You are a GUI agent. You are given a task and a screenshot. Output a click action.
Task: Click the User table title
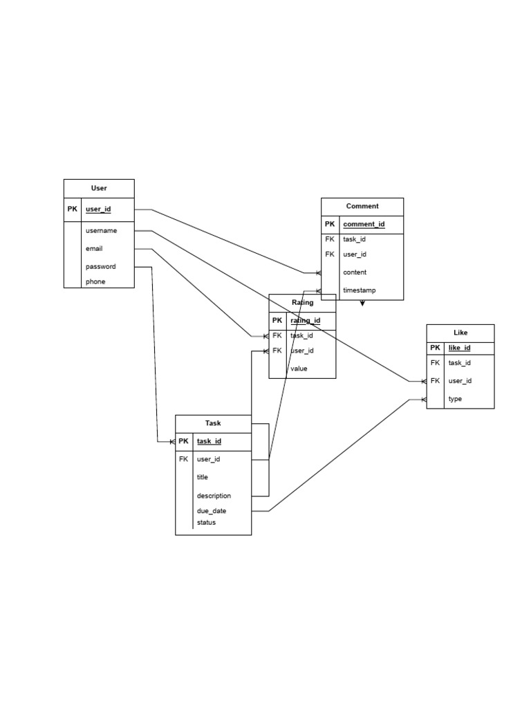[99, 188]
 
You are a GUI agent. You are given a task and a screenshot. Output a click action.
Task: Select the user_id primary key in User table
[98, 209]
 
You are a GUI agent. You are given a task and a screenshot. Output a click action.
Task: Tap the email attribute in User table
[94, 248]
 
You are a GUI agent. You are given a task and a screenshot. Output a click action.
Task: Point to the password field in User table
[100, 266]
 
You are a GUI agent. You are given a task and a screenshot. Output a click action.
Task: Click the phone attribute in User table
[95, 281]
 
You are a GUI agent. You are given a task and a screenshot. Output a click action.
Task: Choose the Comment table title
[362, 206]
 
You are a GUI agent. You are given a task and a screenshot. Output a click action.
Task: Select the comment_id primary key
[364, 224]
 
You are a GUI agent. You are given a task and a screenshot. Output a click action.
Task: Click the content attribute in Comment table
[355, 272]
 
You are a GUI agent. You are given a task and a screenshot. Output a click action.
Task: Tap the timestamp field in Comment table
[359, 290]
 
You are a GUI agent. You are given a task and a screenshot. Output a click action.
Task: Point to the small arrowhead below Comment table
[362, 303]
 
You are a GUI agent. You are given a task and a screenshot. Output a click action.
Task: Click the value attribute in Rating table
[299, 369]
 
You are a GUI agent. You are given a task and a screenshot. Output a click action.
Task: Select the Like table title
[460, 333]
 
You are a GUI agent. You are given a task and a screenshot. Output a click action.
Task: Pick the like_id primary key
[460, 348]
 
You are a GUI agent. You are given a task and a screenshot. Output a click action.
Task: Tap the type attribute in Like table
[455, 399]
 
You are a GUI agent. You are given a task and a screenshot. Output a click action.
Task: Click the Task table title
[213, 423]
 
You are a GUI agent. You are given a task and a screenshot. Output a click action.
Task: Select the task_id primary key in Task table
[209, 441]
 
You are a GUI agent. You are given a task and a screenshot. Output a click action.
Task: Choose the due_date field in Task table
[212, 511]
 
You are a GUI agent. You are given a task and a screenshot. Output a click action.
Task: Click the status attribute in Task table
[206, 523]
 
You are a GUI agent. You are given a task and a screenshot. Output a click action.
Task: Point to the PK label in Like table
[435, 348]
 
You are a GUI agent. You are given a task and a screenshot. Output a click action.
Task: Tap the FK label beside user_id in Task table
[183, 458]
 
